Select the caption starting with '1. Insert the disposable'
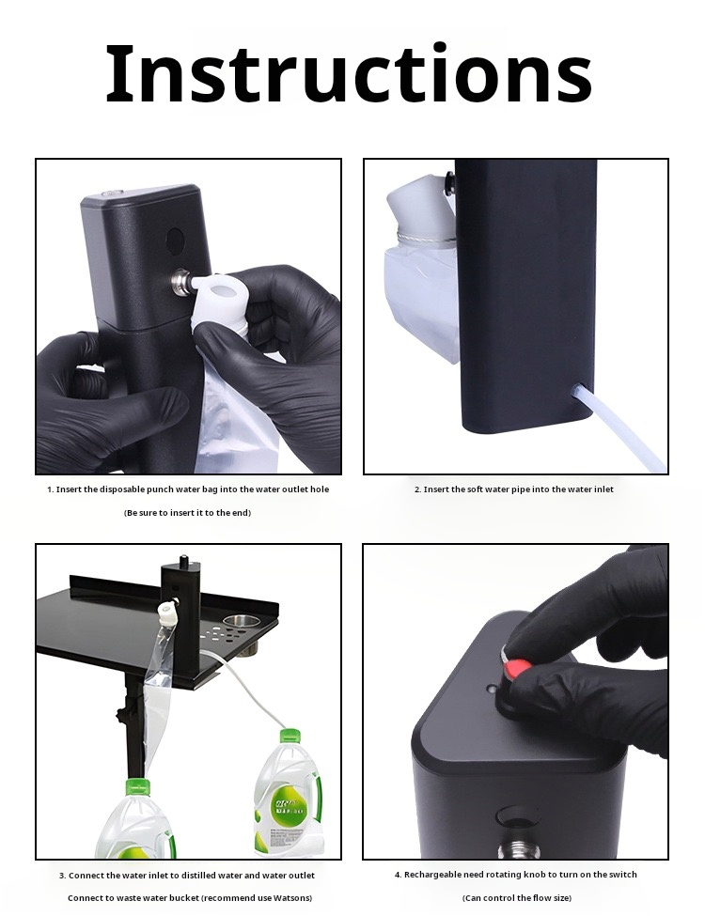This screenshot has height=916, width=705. coord(188,489)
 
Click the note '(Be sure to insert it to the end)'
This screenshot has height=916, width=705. coord(188,513)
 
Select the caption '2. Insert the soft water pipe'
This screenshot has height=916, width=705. coord(514,489)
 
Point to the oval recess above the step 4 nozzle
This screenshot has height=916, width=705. coord(512,814)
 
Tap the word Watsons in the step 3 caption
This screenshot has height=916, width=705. coord(287,898)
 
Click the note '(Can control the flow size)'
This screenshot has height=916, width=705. coord(515,898)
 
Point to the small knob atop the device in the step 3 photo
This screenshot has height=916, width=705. coord(183,561)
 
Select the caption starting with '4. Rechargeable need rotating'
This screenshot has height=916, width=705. coord(515,875)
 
